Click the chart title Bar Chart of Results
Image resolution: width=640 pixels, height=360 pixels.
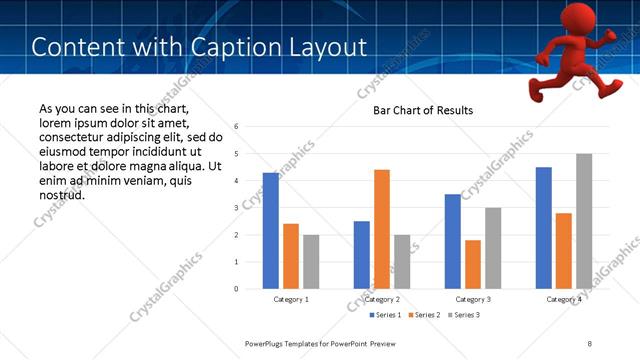tap(423, 110)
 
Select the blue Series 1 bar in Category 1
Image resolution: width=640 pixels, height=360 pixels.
tap(271, 231)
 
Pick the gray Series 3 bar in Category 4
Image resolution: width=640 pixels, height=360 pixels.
tap(584, 221)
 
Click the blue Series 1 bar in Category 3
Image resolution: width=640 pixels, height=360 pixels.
tap(453, 241)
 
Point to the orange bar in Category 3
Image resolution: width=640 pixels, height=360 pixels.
tap(473, 264)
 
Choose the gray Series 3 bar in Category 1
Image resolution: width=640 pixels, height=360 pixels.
tap(311, 262)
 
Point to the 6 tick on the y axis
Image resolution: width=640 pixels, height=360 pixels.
tap(236, 127)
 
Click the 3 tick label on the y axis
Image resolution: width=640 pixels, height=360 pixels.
tap(236, 208)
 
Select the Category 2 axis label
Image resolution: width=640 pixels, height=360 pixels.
tap(382, 299)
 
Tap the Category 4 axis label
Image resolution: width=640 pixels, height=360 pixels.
tap(564, 299)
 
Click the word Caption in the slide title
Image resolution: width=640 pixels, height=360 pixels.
tap(219, 46)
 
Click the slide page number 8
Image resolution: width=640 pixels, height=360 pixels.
tap(590, 343)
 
